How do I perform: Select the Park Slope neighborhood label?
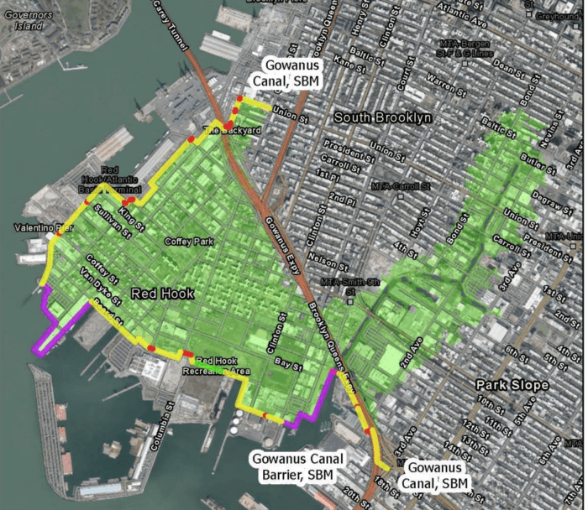pyautogui.click(x=512, y=385)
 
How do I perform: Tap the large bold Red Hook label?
pyautogui.click(x=162, y=294)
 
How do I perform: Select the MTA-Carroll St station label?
pyautogui.click(x=401, y=185)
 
